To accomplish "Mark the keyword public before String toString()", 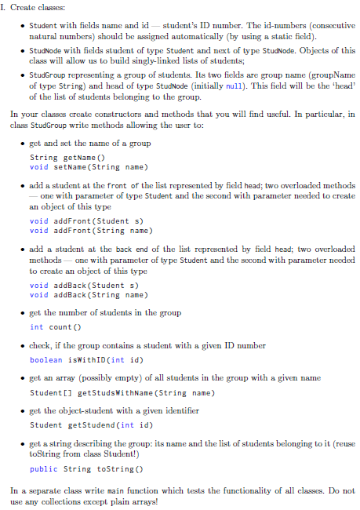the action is tap(44, 468).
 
